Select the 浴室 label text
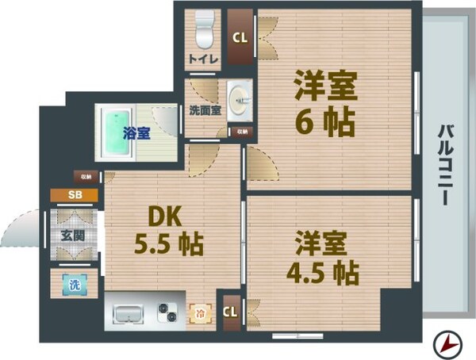pyautogui.click(x=136, y=134)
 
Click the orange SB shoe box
pyautogui.click(x=73, y=194)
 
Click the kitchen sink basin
pyautogui.click(x=127, y=314)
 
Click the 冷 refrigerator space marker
pyautogui.click(x=199, y=312)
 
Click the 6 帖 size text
pyautogui.click(x=325, y=122)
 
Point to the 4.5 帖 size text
pyautogui.click(x=321, y=270)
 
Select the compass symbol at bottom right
pyautogui.click(x=449, y=343)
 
